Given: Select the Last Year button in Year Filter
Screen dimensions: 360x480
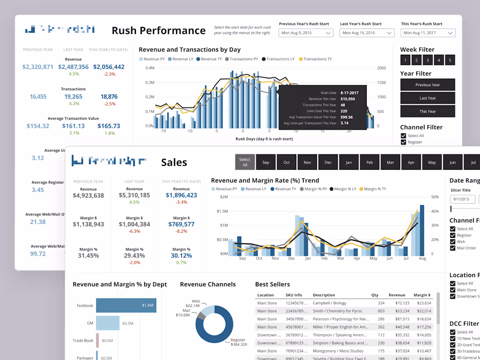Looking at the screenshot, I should [428, 98].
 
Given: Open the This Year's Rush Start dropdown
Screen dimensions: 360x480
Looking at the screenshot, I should [428, 33].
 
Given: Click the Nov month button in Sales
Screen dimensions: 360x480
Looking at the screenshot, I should [307, 162].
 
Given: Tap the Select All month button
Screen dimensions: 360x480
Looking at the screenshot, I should [245, 162].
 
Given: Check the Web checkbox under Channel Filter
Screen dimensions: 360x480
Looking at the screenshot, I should [453, 242].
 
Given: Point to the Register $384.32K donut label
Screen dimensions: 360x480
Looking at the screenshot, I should [239, 342].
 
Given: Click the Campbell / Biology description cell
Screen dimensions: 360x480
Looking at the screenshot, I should [329, 303].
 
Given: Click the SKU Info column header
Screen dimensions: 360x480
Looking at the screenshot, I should [294, 295].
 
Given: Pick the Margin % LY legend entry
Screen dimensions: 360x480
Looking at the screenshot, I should [345, 189].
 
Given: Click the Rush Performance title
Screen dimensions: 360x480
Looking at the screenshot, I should [158, 31].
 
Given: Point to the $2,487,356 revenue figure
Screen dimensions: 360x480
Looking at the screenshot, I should [73, 67].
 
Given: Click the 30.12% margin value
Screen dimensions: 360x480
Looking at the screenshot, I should [182, 256].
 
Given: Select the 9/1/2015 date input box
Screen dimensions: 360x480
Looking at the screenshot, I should [462, 199].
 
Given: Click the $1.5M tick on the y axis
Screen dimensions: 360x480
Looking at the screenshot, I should [222, 211].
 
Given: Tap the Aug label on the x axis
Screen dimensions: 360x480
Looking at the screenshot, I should [422, 258].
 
